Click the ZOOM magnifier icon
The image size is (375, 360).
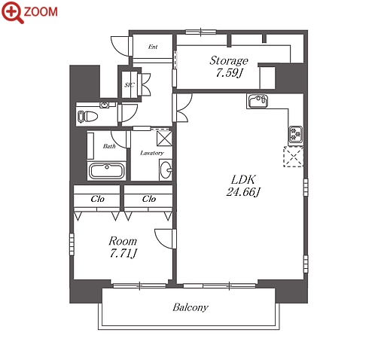[13, 12]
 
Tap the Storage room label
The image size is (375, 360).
[229, 60]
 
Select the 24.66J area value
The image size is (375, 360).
[243, 192]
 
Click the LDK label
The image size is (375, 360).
[243, 179]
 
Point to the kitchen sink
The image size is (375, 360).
[258, 101]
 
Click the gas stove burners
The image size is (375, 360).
[295, 135]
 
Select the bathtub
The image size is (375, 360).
[107, 171]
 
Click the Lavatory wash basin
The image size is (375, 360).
[166, 170]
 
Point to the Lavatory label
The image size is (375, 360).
[152, 153]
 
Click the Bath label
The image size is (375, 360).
[109, 146]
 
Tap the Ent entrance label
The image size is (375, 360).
[153, 47]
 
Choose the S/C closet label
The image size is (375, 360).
[130, 85]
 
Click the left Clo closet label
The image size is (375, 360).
[97, 199]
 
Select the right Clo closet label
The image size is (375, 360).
[149, 199]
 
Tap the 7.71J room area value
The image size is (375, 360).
[123, 254]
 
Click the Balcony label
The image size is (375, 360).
[191, 307]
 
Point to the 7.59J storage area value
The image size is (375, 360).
[229, 73]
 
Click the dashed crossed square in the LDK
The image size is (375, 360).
[293, 157]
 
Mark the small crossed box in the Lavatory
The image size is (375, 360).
[164, 139]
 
